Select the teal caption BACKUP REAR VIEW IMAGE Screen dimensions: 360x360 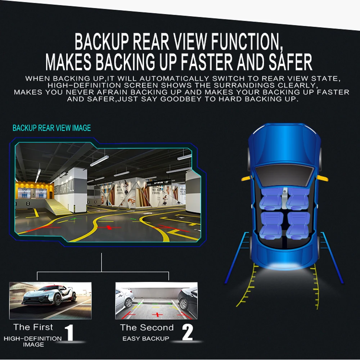coord(51,128)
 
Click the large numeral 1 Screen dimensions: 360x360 coord(69,332)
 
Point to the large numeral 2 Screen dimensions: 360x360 coord(187,332)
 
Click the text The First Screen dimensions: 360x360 coord(33,327)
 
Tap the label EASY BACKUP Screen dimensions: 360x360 coord(146,338)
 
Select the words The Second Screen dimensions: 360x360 coord(147,327)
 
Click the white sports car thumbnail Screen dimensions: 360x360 coord(50,301)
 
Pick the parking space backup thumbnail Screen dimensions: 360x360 coord(156,301)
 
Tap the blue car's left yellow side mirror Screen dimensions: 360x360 coord(247,178)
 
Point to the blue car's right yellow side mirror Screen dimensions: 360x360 coord(322,178)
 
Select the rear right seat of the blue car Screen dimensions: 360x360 coord(298,225)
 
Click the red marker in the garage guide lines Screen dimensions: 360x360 coord(109,227)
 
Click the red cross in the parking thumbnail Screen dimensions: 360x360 coord(157,315)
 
